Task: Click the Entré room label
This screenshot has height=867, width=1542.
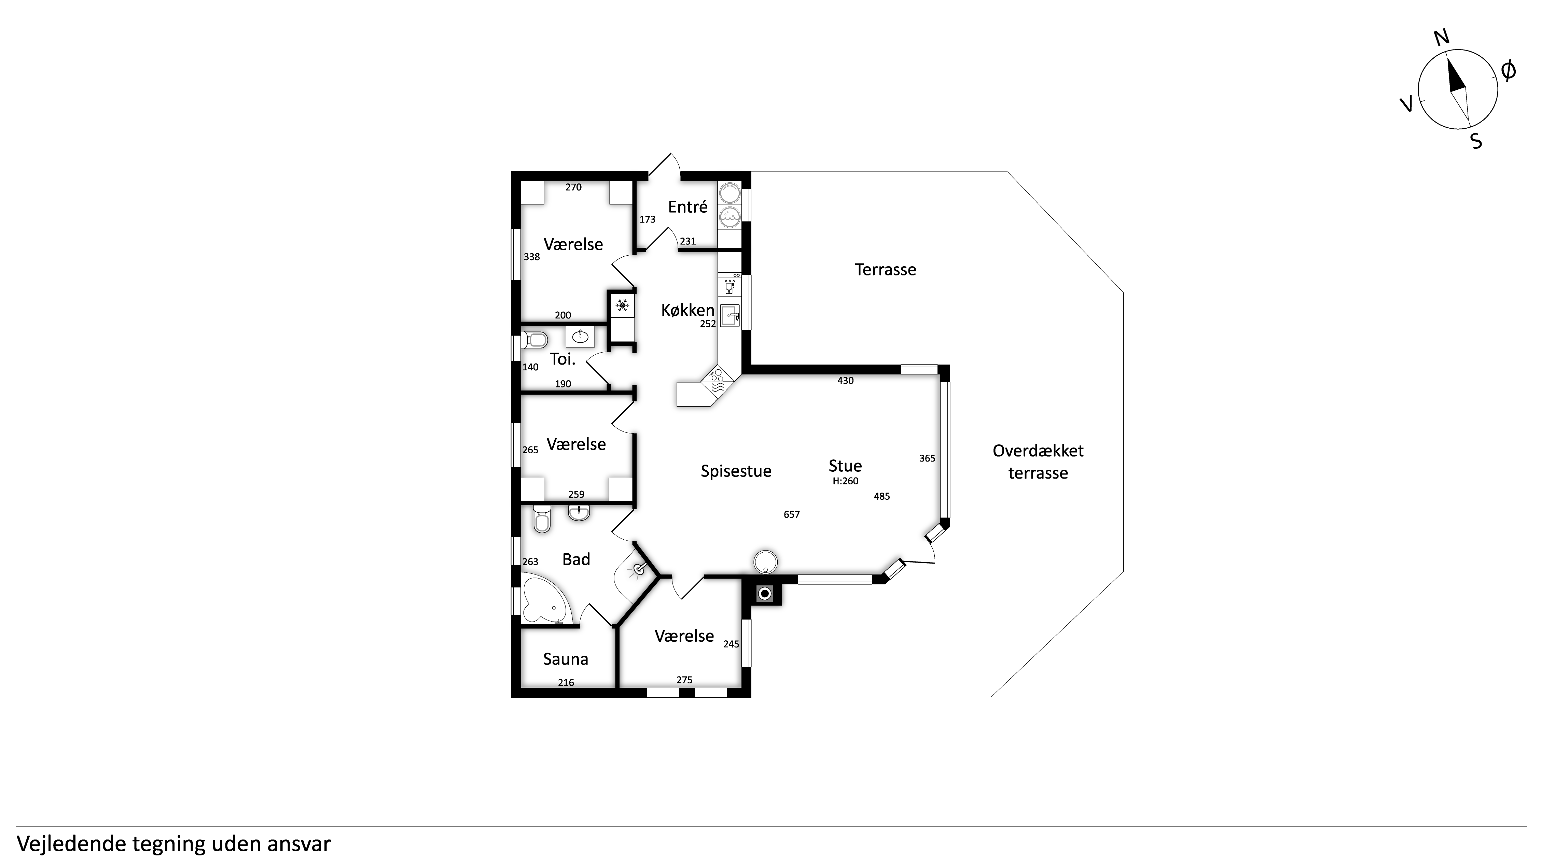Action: pos(688,207)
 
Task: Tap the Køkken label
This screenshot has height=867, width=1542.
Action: pos(688,310)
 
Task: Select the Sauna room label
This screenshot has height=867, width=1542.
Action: pos(566,659)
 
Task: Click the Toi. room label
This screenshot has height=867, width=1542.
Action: pos(563,359)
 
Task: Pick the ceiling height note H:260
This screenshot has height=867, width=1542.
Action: pos(845,481)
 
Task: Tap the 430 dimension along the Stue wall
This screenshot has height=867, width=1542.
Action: pos(845,381)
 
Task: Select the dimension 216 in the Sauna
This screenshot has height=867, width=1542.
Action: pos(566,683)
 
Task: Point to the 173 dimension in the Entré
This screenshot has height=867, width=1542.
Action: pos(647,219)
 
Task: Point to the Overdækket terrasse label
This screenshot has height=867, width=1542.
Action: pos(1038,462)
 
